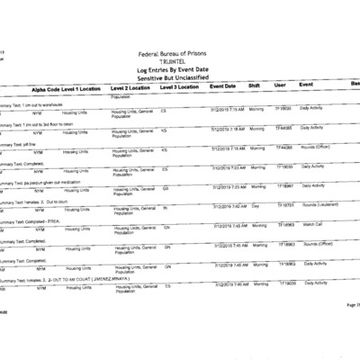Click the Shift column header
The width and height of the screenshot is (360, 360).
[254, 86]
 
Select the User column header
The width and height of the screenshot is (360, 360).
[280, 86]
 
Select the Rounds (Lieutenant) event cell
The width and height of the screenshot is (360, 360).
[322, 206]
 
